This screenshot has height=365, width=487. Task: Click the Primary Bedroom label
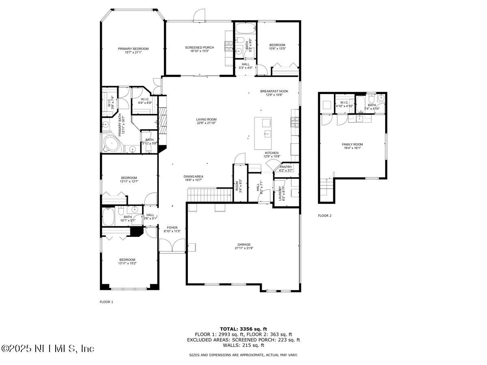(133, 49)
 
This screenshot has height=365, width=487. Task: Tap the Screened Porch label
(199, 47)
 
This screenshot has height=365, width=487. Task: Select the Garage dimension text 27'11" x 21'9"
(244, 248)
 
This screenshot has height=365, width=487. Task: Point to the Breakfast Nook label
(274, 91)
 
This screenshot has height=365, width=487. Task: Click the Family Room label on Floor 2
(352, 144)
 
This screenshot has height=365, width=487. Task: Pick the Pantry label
(286, 167)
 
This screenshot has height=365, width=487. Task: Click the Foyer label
(170, 228)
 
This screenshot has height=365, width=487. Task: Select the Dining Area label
(193, 176)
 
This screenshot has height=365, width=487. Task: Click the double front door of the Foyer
(172, 246)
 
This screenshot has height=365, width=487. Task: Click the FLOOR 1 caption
(106, 302)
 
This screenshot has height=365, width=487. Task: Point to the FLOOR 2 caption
(325, 216)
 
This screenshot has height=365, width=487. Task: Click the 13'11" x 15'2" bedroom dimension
(127, 264)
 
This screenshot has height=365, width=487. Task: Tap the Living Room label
(206, 120)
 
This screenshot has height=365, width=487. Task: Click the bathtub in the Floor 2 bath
(360, 104)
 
